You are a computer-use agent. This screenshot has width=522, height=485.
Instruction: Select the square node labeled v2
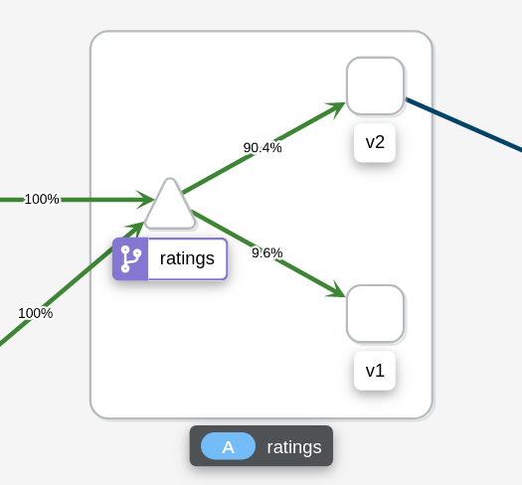(375, 85)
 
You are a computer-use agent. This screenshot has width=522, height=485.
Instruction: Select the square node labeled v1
(375, 314)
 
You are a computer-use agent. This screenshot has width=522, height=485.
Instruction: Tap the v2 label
(375, 142)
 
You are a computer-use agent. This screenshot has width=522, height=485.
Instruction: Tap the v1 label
(375, 371)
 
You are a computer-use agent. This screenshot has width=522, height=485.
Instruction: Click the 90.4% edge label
(262, 147)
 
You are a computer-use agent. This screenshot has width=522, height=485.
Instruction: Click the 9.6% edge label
(267, 253)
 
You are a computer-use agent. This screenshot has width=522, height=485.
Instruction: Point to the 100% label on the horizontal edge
(42, 199)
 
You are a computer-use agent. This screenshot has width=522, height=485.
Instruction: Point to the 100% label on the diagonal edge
(35, 313)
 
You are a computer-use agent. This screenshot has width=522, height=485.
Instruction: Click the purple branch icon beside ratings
(130, 259)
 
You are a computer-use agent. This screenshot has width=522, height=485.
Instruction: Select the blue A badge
(228, 446)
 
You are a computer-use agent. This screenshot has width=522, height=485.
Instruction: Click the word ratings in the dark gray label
(294, 447)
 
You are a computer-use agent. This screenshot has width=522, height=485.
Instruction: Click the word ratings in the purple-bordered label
(187, 258)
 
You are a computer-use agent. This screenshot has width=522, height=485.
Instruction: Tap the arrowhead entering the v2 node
(336, 108)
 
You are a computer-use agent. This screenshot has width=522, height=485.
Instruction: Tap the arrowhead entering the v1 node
(337, 290)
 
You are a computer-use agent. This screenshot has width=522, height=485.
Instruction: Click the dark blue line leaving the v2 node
(463, 123)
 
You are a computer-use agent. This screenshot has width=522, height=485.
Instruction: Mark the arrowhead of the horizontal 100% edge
(146, 200)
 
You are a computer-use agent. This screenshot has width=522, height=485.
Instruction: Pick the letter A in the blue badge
(229, 447)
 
